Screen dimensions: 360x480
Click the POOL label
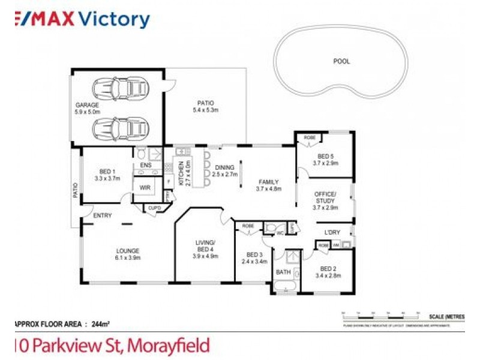click(341, 61)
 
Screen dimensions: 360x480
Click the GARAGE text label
click(87, 105)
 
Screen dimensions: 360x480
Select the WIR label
click(145, 187)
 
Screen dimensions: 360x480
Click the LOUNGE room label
click(128, 251)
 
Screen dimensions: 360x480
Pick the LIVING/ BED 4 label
click(206, 246)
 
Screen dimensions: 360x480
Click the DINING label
click(225, 168)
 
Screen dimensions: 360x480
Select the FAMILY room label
click(269, 181)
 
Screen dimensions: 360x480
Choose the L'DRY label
click(332, 232)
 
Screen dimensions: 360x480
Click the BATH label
click(283, 272)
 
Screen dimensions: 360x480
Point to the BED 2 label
click(328, 268)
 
